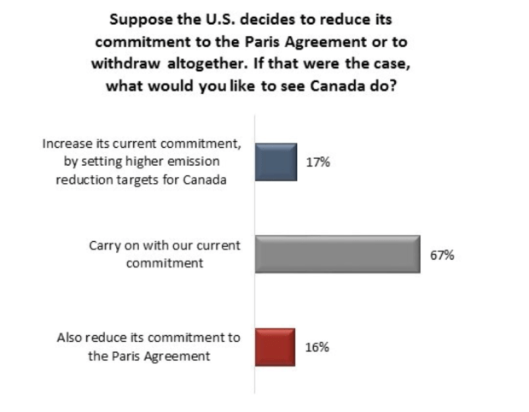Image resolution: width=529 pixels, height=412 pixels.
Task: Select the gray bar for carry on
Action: tap(337, 254)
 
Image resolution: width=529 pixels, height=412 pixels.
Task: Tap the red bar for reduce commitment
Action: tap(275, 347)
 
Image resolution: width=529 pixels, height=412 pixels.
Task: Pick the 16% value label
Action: tap(317, 347)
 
